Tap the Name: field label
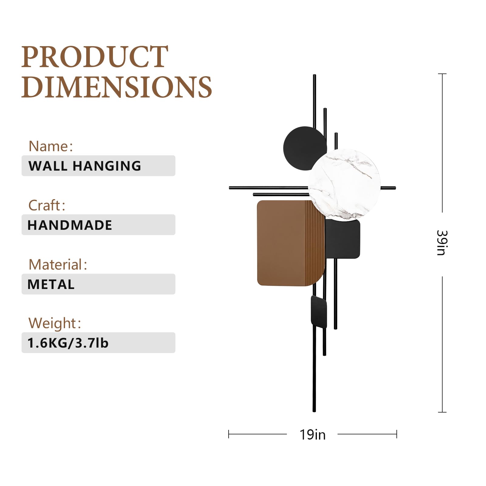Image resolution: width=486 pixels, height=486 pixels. coord(51,146)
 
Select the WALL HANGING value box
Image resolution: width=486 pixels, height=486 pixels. coord(98,166)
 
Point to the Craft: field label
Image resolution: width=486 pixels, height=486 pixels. coord(47,206)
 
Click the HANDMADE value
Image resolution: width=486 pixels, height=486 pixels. coord(70,225)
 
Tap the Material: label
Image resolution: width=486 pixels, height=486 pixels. coord(58,264)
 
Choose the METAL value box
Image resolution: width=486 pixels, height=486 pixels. coord(98,284)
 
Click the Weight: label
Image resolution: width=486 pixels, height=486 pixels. coord(55,323)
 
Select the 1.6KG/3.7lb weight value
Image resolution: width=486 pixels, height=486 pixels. coord(68,343)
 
